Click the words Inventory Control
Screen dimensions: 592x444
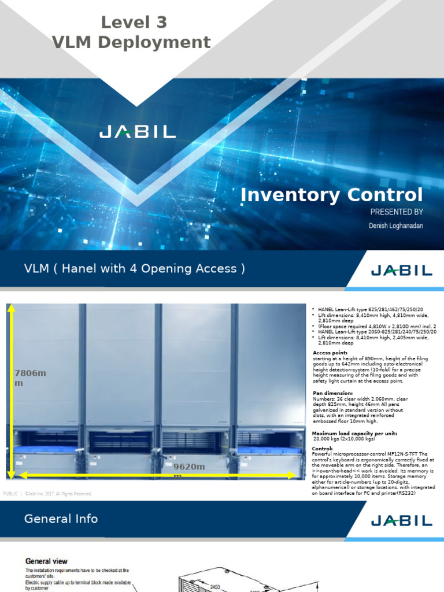tap(331, 195)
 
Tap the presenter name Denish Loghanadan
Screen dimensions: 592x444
tap(395, 225)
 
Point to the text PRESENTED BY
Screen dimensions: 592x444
tap(397, 212)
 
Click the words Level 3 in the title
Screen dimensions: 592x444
tap(134, 23)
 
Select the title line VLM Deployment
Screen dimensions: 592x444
tap(131, 42)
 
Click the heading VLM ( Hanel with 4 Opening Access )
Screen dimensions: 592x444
tap(135, 269)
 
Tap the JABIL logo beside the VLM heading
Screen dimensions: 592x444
tap(401, 270)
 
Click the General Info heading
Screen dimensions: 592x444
tap(61, 519)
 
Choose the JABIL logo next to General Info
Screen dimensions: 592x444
tap(401, 520)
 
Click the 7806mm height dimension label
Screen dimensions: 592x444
tap(29, 378)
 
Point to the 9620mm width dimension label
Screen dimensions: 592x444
tap(190, 469)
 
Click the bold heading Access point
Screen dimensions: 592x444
tap(330, 353)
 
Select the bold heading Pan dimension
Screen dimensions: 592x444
tap(332, 393)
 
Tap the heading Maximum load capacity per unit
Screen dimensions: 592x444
tap(354, 433)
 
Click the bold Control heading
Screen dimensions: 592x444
tap(322, 449)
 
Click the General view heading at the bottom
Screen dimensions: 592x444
tap(46, 561)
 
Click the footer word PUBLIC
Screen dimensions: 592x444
tap(10, 494)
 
